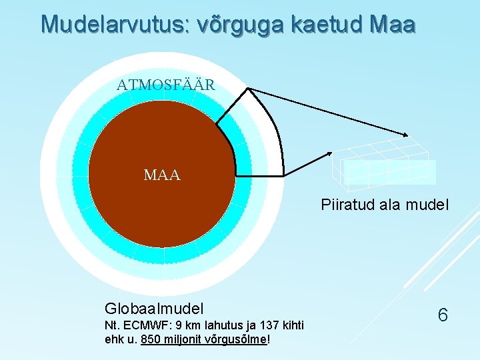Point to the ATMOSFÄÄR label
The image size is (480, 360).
pos(166,85)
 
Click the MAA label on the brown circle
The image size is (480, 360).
pos(162,175)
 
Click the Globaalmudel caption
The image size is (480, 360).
pos(154,308)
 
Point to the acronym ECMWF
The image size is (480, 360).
pos(146,325)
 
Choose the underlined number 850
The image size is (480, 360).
pos(151,339)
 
